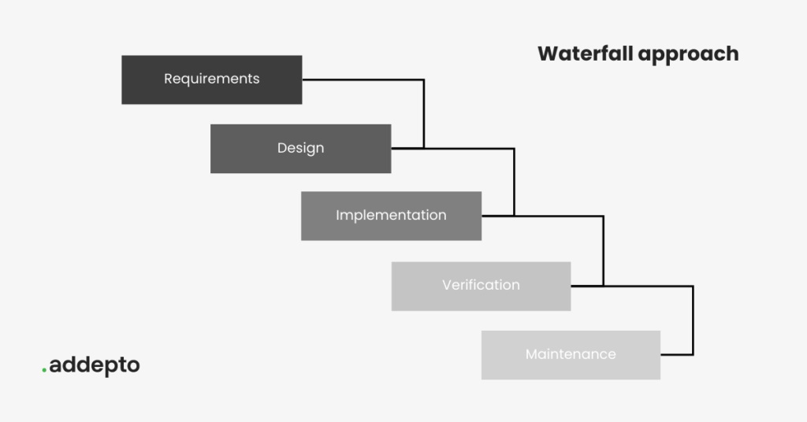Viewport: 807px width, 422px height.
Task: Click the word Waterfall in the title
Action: click(x=585, y=54)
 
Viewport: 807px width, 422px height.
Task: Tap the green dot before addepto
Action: click(x=44, y=371)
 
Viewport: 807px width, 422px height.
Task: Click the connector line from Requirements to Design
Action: click(x=424, y=110)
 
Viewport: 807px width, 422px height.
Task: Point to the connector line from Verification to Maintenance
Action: click(x=693, y=319)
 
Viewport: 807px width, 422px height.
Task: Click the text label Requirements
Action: click(x=211, y=79)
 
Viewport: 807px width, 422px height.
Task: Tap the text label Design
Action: click(x=300, y=148)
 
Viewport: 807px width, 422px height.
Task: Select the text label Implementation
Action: click(x=391, y=215)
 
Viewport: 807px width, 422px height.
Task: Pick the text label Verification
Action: click(x=481, y=285)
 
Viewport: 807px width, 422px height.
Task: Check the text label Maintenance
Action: click(x=571, y=354)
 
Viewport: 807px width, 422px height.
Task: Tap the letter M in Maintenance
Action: click(x=531, y=354)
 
